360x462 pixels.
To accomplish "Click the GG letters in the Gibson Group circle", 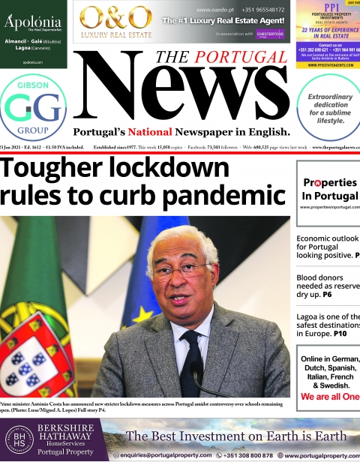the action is [33, 109].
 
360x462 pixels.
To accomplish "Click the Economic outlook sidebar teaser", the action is [328, 247].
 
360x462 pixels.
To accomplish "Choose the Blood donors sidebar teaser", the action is [328, 286].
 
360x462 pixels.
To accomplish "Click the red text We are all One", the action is [330, 397].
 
